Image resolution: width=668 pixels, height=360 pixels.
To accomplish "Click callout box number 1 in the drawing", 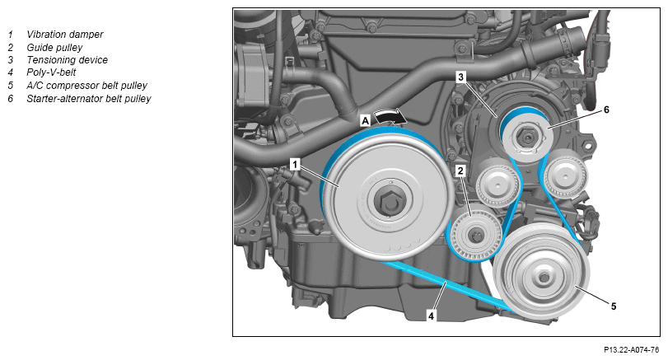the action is coord(295,165).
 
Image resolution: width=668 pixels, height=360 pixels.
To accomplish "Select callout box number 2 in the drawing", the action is coord(460,171).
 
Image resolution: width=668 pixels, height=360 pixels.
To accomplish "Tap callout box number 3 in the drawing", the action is coord(460,77).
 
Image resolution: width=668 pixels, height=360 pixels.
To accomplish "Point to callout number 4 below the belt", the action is coord(431,316).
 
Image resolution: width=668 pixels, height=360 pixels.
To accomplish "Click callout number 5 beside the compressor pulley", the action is coord(614,306).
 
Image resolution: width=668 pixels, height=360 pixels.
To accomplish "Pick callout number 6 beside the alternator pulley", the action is coord(606,110).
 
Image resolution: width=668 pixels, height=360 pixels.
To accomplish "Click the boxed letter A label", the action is coord(365,121).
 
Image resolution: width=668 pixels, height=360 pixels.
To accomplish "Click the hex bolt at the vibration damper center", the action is coord(387,202).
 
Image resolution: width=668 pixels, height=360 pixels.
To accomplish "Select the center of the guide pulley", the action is coord(474,234).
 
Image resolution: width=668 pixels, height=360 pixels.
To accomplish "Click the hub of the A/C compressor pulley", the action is coord(544,278).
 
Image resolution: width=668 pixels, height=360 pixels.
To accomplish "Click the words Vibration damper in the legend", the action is coord(65,35).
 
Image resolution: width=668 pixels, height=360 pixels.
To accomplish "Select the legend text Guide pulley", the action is coord(54,48).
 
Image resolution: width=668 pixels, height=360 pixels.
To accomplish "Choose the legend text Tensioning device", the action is coord(68,60).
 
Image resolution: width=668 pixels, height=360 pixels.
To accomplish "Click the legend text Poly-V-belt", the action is coord(51,72).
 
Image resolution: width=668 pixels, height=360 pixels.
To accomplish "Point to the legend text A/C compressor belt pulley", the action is coord(87,86).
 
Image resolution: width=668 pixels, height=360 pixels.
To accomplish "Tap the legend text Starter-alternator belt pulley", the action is coord(89,99).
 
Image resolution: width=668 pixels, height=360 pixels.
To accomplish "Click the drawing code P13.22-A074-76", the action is coord(632,350).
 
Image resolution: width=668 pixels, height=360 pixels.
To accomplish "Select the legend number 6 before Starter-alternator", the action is coord(11,99).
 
